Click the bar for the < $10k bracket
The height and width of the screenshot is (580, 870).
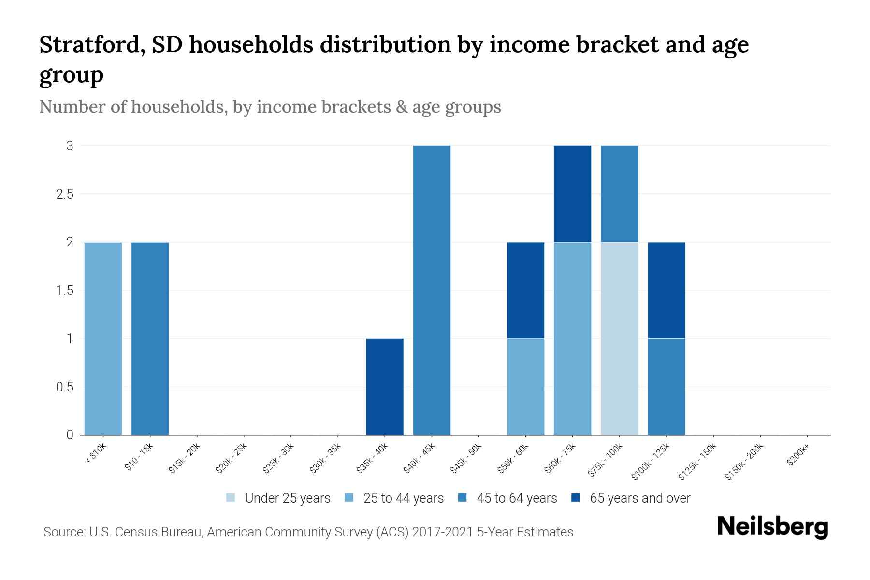pos(103,338)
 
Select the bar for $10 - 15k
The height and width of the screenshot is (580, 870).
pos(150,338)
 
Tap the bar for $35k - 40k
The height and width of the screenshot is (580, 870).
pos(385,387)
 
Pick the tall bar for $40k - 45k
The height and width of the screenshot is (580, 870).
pos(432,290)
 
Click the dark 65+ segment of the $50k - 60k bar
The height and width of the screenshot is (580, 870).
pos(525,290)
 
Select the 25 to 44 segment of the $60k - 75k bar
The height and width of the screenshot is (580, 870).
pos(572,338)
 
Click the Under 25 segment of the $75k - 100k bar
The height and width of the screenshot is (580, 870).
pos(619,338)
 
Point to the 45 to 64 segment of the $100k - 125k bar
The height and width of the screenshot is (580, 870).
pos(666,387)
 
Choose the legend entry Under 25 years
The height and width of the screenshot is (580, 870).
pos(287,498)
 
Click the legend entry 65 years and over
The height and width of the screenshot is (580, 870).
pos(639,498)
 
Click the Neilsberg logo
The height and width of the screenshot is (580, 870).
pos(772,527)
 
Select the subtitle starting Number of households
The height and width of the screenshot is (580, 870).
pos(270,107)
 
